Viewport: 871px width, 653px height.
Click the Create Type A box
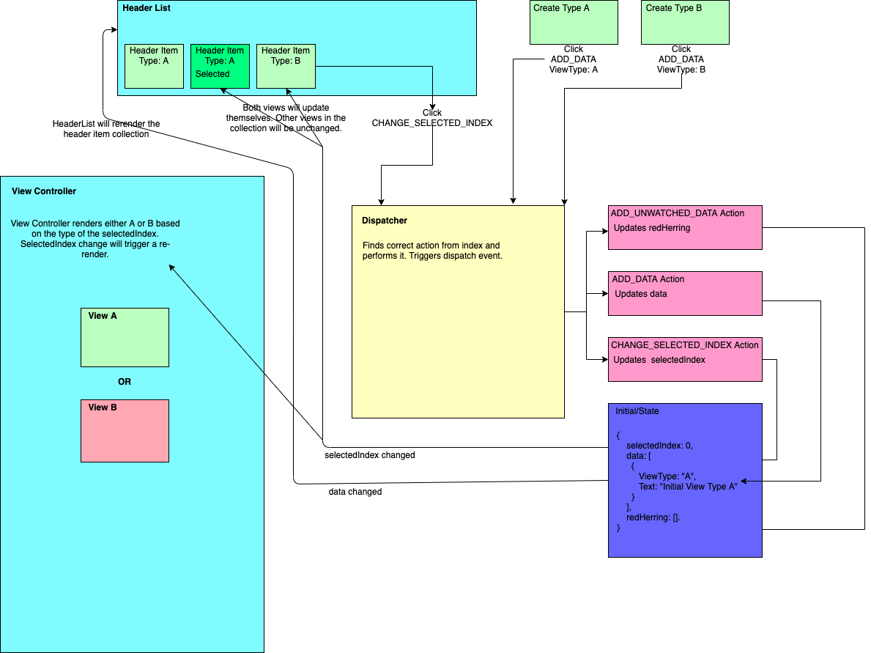click(x=574, y=22)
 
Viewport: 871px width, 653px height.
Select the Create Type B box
click(x=685, y=22)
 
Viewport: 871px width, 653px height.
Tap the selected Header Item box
click(x=220, y=66)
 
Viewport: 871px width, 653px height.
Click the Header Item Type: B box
click(x=286, y=66)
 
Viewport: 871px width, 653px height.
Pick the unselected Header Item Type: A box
click(x=154, y=66)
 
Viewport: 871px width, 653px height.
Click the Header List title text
click(x=147, y=8)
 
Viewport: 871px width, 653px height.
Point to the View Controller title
click(x=44, y=191)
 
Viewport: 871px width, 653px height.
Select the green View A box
click(x=125, y=337)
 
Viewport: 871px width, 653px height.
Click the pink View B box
click(x=125, y=431)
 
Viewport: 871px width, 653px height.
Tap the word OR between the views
click(x=125, y=382)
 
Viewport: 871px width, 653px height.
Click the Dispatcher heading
click(x=385, y=221)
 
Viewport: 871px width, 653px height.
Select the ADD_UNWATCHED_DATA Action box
click(x=685, y=227)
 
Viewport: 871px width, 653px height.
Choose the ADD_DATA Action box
click(x=685, y=293)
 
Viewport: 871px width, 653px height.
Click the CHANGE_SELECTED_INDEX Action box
click(x=685, y=359)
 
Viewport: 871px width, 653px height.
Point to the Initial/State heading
click(x=637, y=411)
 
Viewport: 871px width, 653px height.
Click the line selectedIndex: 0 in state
click(x=659, y=446)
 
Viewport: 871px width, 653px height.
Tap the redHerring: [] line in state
click(x=653, y=517)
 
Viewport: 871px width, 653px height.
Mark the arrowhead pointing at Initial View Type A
click(x=744, y=482)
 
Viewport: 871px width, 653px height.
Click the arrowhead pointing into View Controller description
click(x=171, y=268)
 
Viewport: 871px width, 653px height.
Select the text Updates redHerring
click(x=652, y=228)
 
